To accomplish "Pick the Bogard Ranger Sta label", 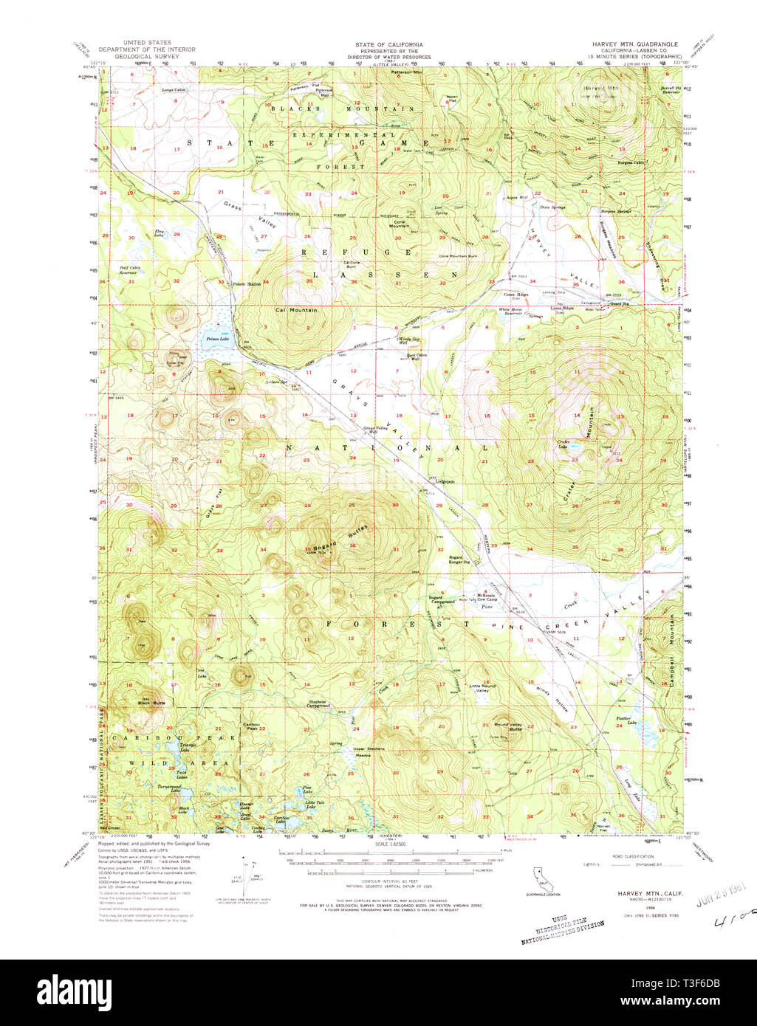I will click(x=460, y=560).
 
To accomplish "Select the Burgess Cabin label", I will click(x=631, y=162).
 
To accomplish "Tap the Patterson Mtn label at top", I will click(x=407, y=73).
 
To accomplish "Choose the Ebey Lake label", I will click(x=158, y=234).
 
